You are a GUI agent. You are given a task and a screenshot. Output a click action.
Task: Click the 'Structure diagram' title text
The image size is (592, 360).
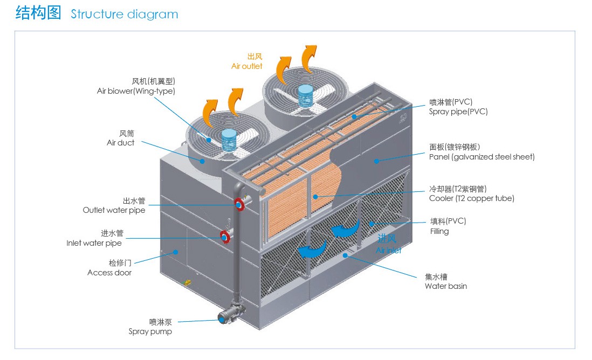point(124,15)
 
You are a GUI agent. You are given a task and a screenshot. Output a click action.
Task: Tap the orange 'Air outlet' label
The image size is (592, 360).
point(246,66)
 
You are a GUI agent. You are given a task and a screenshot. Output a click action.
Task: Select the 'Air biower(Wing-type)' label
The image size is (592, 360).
point(136,91)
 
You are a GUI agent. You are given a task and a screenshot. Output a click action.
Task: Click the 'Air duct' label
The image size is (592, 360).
point(120,143)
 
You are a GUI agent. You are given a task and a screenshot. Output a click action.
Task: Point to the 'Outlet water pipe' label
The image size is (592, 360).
point(114,210)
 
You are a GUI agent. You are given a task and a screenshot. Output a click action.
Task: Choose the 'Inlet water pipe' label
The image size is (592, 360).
point(94,243)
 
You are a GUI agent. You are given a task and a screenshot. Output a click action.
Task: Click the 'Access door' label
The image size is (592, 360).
point(109,273)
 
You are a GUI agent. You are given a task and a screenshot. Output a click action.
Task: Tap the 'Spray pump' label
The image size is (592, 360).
point(150,331)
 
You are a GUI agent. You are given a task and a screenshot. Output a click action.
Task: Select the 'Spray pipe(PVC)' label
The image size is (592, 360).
point(458,112)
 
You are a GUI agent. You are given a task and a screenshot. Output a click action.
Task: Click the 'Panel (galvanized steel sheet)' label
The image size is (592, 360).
point(482,157)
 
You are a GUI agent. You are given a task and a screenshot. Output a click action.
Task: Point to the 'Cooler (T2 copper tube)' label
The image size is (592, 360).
point(472,198)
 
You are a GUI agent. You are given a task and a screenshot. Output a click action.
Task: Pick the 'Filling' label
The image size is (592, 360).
point(439,231)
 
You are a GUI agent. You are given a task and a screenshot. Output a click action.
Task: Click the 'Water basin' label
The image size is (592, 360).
point(446,286)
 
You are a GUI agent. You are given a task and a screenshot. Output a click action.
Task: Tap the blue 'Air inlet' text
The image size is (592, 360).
point(389,250)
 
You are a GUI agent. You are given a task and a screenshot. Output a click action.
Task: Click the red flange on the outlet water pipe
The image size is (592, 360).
point(239,204)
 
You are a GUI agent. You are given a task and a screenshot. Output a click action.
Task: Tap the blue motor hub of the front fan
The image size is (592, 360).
point(229,140)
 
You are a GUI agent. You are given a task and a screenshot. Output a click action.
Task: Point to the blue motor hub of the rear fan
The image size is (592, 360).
point(306,96)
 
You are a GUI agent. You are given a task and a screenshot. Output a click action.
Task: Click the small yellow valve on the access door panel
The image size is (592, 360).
point(187,282)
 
